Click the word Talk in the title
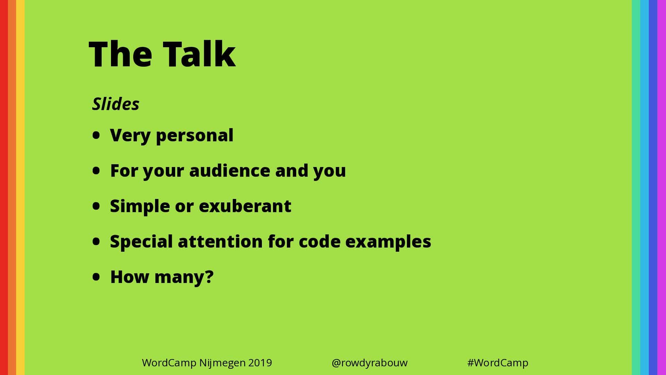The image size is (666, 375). coord(199,53)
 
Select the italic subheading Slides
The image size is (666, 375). coord(116,104)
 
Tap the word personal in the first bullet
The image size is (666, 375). coord(195,136)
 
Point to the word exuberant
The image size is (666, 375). coord(245,206)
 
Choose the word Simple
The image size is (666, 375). coord(140,206)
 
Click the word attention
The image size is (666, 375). coord(220,241)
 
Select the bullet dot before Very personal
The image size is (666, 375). coord(96,135)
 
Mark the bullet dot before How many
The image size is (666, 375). coord(96,277)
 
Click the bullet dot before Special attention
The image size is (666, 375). coord(96,241)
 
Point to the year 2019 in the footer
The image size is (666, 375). coord(260,363)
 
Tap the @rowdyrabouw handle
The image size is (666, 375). coord(369,363)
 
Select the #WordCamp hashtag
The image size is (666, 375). coord(498,363)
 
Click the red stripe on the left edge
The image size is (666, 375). coord(4,187)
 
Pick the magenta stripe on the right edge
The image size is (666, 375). coord(662,187)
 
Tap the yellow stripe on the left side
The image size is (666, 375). coord(20,187)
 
